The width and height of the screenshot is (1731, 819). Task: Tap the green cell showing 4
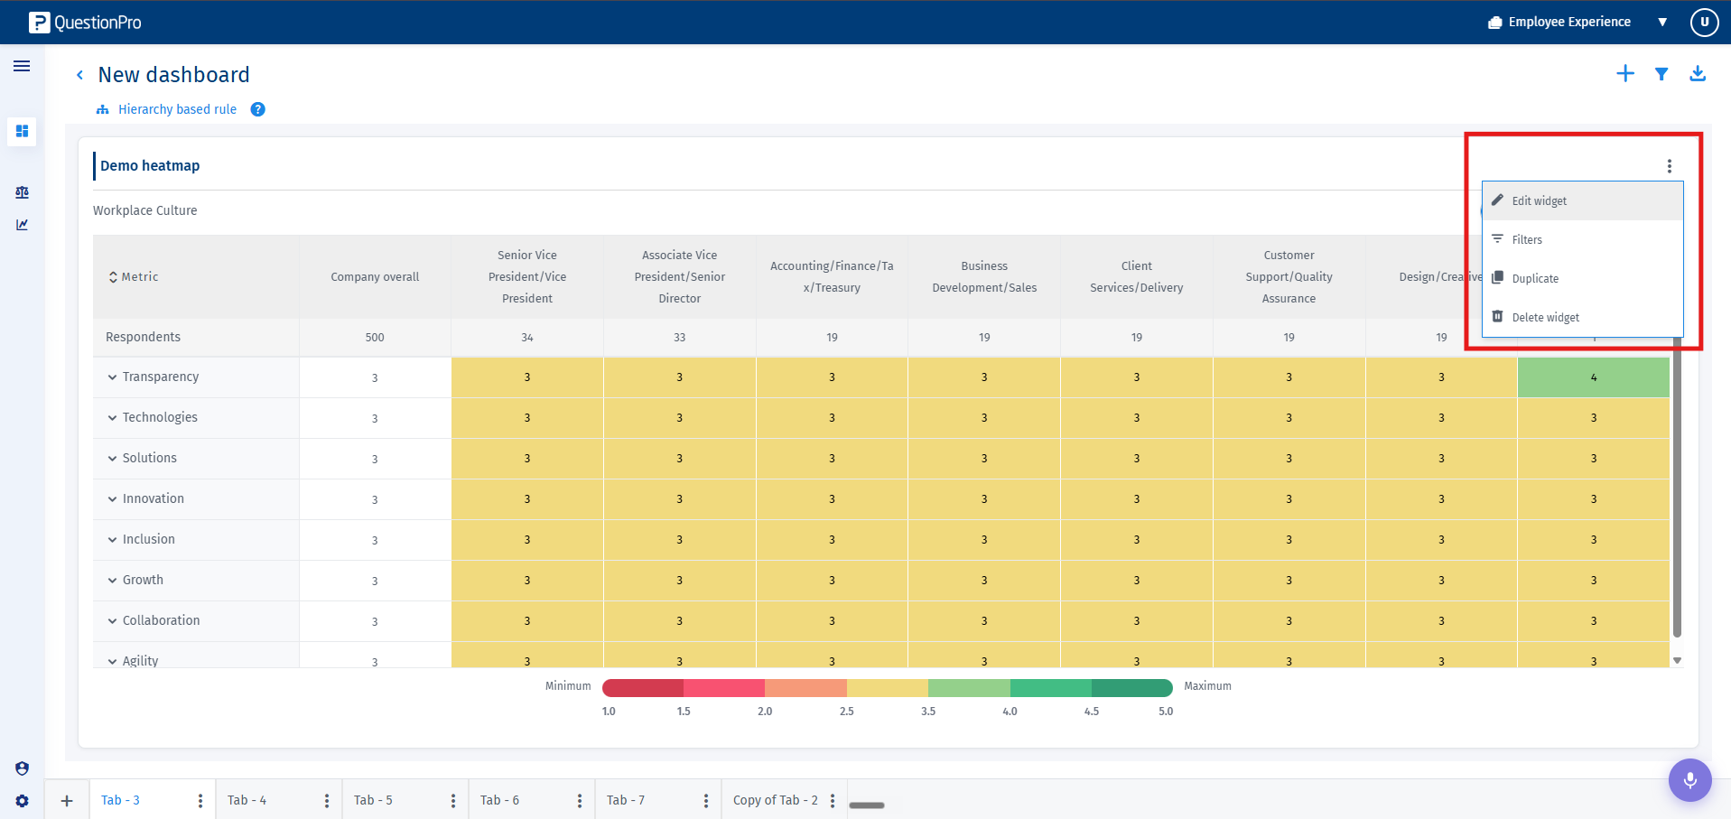point(1594,377)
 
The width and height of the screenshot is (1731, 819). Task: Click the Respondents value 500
point(375,338)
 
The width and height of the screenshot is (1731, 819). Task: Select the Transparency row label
point(161,377)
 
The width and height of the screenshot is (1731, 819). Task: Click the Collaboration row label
point(162,620)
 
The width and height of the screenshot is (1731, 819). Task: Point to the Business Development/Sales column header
point(984,277)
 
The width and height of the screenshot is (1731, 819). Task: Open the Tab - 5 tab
point(373,800)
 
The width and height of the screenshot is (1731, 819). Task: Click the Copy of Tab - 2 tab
point(775,800)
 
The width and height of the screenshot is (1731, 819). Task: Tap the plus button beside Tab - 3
point(67,801)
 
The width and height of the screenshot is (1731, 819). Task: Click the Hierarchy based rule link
point(177,109)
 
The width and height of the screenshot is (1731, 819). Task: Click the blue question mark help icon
point(258,109)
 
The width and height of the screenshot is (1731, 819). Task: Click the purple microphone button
point(1690,779)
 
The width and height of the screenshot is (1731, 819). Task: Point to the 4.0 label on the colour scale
point(1010,712)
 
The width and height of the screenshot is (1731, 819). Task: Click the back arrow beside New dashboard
point(79,75)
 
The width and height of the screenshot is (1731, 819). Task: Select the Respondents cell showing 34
point(527,338)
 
